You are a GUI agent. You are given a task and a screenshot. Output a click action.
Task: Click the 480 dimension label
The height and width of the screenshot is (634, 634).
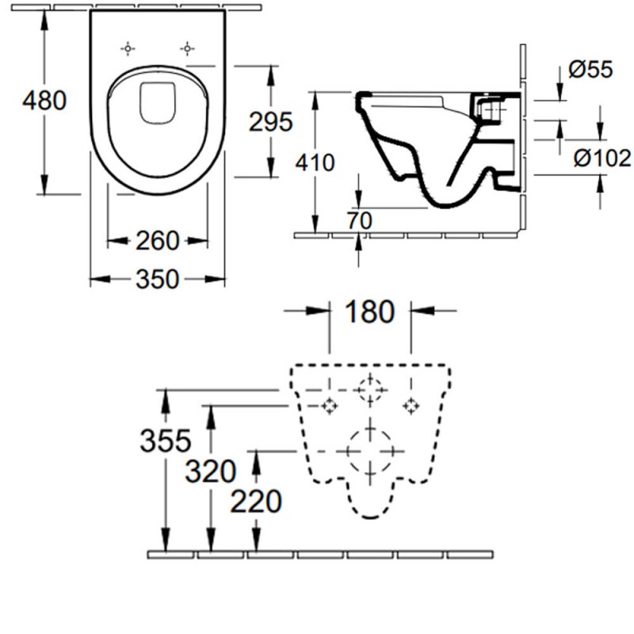pyautogui.click(x=44, y=101)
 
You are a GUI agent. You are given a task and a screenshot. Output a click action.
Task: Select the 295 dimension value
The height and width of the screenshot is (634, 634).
pyautogui.click(x=271, y=122)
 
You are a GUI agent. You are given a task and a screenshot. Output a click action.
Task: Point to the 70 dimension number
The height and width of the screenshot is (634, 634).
pyautogui.click(x=359, y=221)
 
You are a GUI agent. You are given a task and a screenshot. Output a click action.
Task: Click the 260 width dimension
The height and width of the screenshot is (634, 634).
pyautogui.click(x=158, y=239)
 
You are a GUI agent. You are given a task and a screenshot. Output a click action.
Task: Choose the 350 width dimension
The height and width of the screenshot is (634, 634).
pyautogui.click(x=158, y=279)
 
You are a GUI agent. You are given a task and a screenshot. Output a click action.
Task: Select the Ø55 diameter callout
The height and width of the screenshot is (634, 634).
pyautogui.click(x=590, y=71)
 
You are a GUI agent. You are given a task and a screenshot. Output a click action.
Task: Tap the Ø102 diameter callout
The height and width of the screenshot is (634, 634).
pyautogui.click(x=602, y=158)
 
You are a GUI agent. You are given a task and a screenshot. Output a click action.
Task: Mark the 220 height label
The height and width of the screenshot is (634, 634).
pyautogui.click(x=255, y=501)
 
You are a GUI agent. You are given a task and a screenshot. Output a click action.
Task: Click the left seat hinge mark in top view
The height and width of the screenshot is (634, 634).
pyautogui.click(x=127, y=49)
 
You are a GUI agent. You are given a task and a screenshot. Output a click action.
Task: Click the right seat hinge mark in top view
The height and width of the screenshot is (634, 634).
pyautogui.click(x=188, y=49)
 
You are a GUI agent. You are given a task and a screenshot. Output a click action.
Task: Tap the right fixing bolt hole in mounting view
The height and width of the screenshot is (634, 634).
pyautogui.click(x=410, y=406)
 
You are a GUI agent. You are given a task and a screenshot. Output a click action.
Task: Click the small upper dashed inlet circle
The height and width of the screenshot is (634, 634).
pyautogui.click(x=369, y=390)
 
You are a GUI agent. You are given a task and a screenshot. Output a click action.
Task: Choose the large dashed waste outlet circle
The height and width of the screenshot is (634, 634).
pyautogui.click(x=369, y=450)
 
